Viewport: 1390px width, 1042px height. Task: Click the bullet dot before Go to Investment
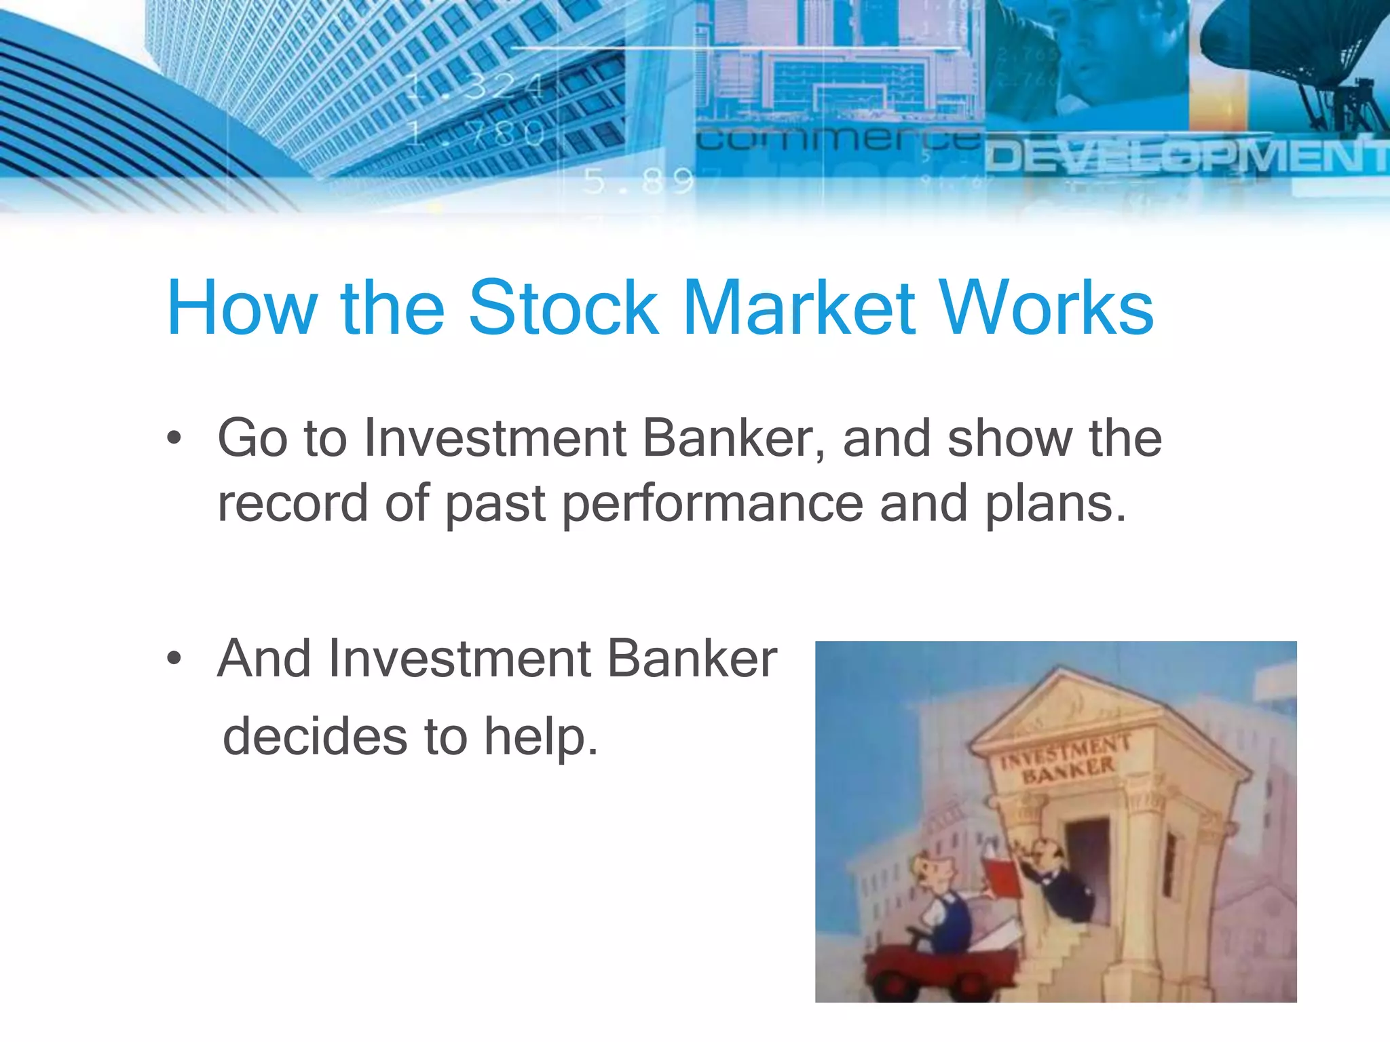(174, 438)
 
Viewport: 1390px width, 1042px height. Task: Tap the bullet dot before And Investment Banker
(174, 658)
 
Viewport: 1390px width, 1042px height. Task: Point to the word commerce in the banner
(838, 140)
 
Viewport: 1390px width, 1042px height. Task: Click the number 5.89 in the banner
(638, 181)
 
